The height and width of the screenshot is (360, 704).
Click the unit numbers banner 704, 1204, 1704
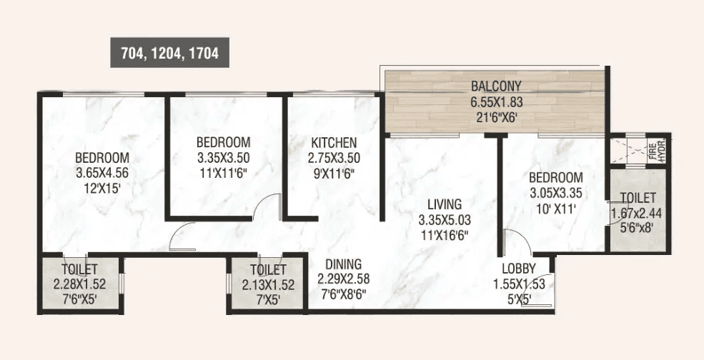click(x=169, y=52)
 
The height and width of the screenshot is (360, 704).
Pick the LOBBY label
click(x=517, y=269)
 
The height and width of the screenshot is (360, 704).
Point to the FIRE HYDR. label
click(x=652, y=151)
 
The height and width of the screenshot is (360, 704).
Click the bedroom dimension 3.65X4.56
click(x=102, y=174)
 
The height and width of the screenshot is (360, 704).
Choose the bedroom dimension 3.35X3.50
click(x=224, y=156)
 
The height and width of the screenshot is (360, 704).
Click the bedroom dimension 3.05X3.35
click(x=555, y=193)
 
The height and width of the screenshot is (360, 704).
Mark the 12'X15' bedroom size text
click(x=102, y=189)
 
